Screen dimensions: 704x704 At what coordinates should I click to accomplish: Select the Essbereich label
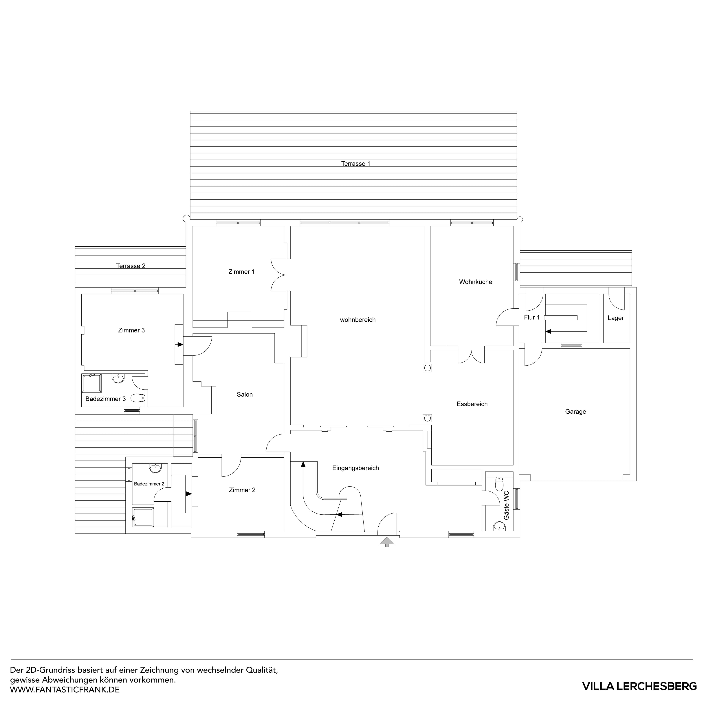pyautogui.click(x=472, y=404)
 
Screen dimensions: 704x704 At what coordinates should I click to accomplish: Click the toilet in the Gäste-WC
pyautogui.click(x=499, y=484)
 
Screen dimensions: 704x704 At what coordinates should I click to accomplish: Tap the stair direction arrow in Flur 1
pyautogui.click(x=548, y=331)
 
